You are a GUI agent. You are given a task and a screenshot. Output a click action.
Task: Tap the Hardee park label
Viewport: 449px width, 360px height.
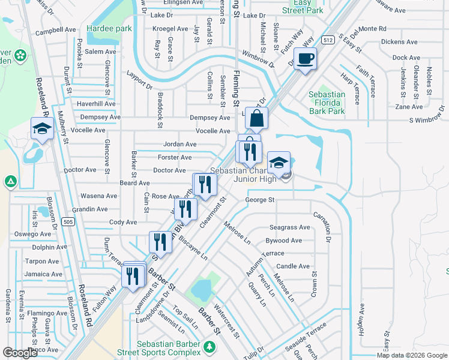tap(109, 28)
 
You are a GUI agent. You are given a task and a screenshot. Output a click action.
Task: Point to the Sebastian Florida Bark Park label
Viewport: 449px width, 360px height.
tap(327, 103)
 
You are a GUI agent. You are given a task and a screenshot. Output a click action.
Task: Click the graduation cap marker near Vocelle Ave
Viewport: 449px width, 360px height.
tap(43, 129)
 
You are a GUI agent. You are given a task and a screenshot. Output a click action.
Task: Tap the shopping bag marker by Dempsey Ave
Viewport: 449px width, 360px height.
tap(256, 119)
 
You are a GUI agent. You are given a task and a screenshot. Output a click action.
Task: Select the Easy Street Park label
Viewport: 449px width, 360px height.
tap(303, 7)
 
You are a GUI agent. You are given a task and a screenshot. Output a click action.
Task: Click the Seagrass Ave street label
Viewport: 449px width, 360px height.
tap(289, 227)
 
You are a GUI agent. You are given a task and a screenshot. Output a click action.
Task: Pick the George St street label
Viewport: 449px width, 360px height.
tap(259, 200)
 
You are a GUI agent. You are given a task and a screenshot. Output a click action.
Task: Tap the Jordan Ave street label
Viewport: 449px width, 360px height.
tap(179, 145)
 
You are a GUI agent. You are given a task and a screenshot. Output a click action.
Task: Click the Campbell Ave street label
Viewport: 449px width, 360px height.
tap(56, 29)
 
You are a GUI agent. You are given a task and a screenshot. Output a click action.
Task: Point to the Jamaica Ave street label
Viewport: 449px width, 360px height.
tap(43, 274)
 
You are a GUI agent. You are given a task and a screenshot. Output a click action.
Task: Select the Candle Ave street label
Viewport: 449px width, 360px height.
tap(293, 266)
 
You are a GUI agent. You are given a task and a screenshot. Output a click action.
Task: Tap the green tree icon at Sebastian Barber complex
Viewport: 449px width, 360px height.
tap(209, 347)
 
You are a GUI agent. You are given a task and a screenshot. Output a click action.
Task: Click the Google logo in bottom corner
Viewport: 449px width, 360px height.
tap(20, 353)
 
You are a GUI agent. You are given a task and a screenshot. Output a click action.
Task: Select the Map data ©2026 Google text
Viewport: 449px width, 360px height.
tap(412, 355)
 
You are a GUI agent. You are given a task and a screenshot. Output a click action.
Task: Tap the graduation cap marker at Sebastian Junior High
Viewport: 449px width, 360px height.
tap(279, 163)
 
